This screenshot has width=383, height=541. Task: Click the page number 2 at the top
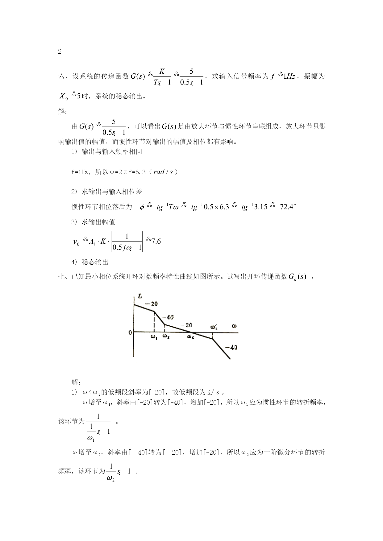pos(60,52)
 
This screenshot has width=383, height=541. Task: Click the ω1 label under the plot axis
pos(154,337)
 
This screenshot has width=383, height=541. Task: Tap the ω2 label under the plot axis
pos(166,336)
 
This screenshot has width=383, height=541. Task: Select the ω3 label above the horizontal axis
pos(214,327)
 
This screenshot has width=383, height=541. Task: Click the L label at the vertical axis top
pos(140,296)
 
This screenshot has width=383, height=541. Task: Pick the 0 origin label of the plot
pos(131,332)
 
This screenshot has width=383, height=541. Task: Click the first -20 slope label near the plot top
pos(151,304)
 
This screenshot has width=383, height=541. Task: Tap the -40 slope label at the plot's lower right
pos(231,348)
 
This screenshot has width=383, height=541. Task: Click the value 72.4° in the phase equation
pos(288,207)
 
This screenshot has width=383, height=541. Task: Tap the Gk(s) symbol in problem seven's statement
pos(297,277)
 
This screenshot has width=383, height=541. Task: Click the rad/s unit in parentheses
pos(163,172)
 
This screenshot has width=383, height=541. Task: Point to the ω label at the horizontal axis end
pos(234,326)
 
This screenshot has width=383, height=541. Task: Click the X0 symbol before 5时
pos(63,97)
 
